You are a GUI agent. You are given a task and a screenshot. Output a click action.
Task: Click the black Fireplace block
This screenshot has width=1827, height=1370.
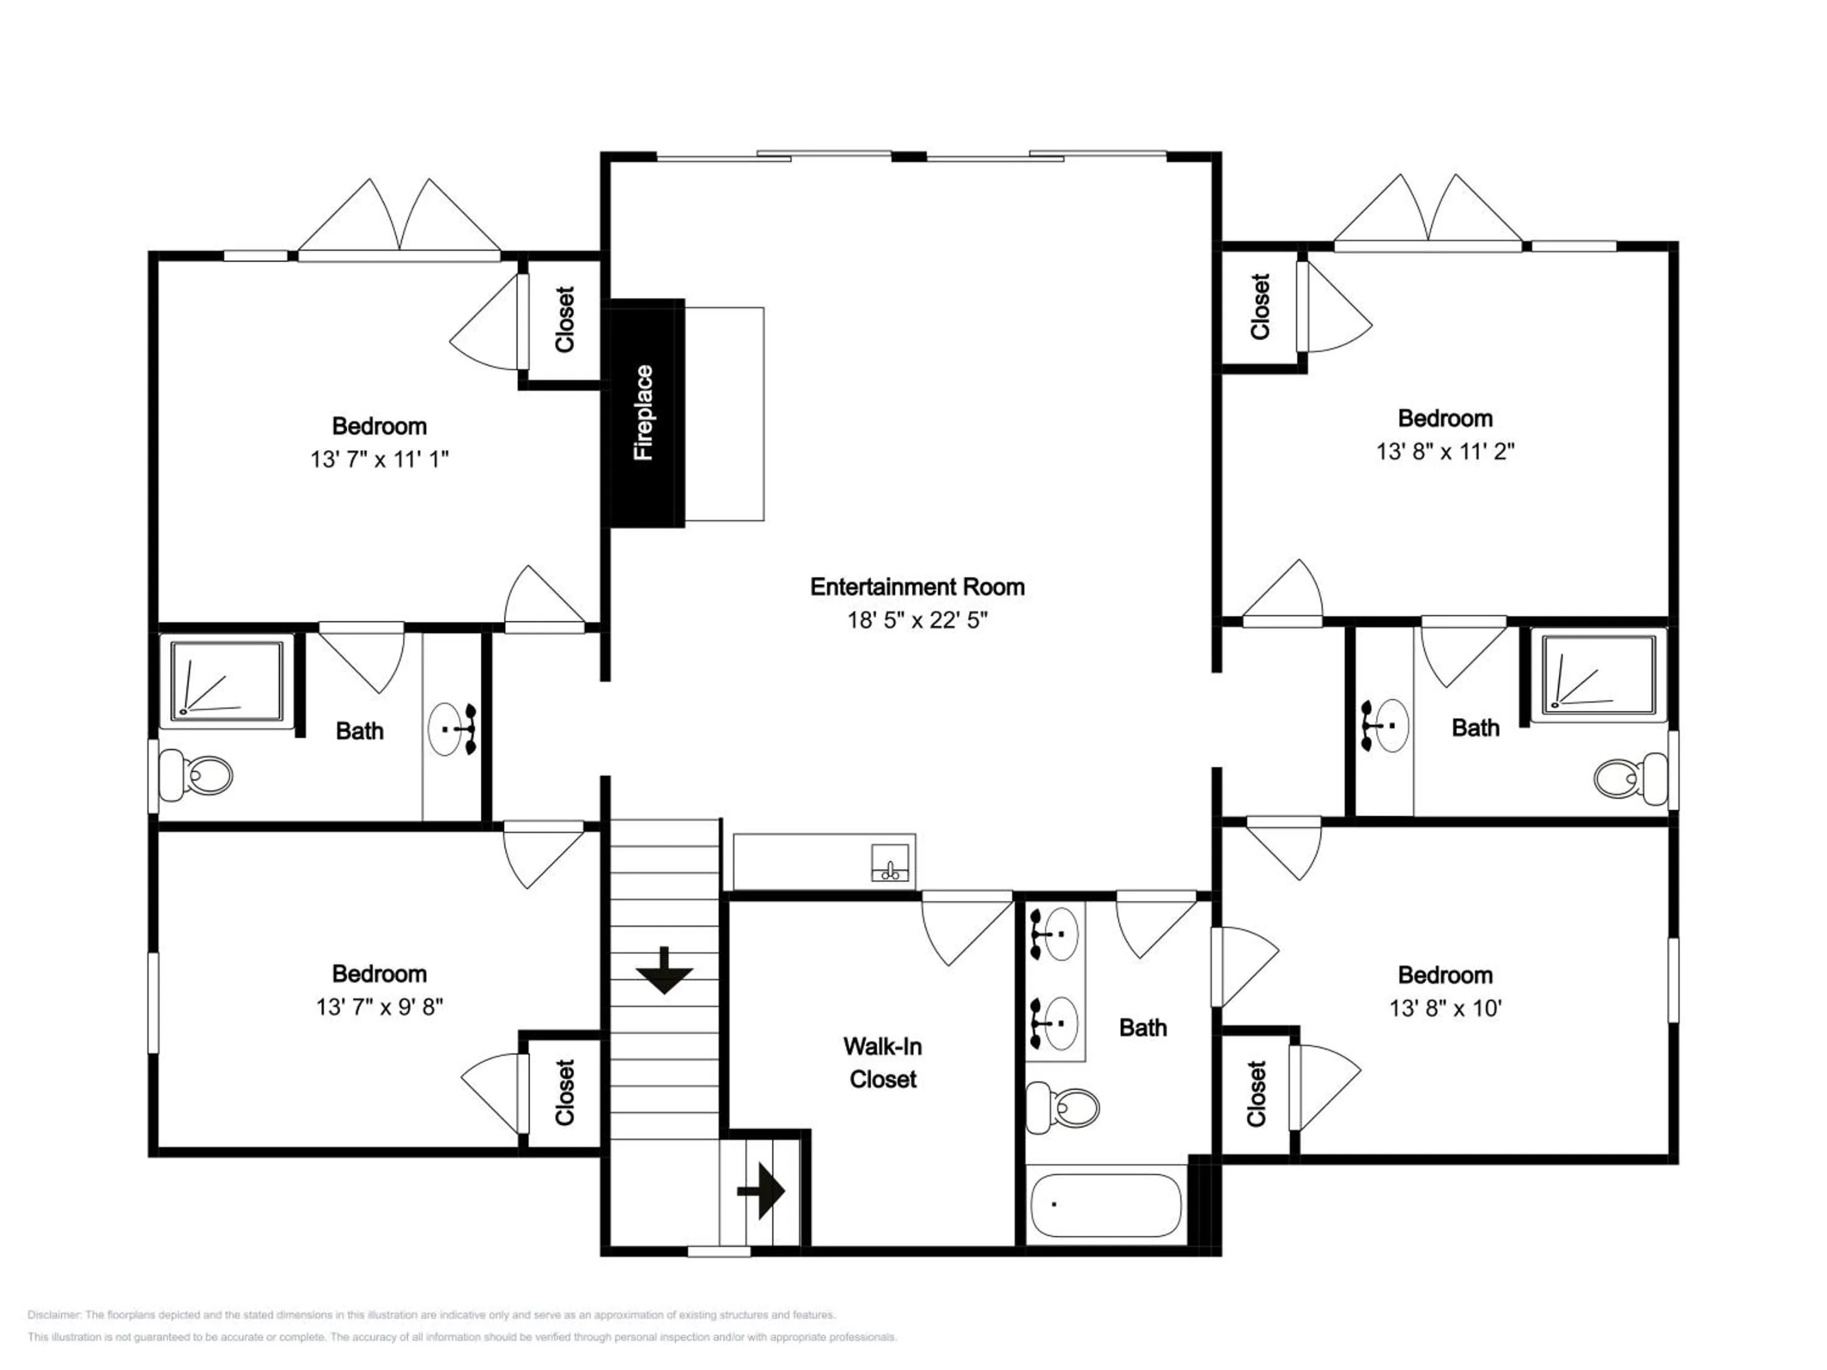coord(647,413)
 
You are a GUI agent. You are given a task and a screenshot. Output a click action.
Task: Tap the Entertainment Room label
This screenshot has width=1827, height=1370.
coord(917,587)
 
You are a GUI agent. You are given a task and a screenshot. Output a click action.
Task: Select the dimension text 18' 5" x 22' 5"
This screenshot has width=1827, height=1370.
coord(917,620)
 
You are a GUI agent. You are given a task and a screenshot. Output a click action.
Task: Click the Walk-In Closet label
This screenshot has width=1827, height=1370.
coord(882,1063)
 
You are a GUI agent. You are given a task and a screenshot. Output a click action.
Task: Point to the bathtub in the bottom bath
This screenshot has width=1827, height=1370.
coord(1107,1205)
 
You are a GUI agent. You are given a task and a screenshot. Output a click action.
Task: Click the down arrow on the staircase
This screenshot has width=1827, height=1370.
coord(664,971)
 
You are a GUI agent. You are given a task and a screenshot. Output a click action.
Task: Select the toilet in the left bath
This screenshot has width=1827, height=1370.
coord(195,775)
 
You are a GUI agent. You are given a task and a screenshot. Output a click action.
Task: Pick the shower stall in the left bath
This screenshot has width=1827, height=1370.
coord(227,681)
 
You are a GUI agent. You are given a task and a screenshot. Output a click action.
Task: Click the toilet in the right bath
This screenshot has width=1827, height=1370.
coord(1630,777)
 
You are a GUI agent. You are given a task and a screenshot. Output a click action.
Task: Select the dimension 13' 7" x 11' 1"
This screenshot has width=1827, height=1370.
coord(379,459)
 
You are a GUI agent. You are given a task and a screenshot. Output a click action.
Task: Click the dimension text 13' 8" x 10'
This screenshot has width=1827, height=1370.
coord(1445,1008)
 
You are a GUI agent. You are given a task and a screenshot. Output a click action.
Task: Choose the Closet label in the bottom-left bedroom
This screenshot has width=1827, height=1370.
coord(564,1092)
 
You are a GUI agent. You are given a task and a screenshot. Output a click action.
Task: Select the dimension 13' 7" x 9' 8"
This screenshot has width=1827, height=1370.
coord(379,1006)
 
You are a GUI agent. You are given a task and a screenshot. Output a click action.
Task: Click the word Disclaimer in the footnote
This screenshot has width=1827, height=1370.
coord(54,1315)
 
